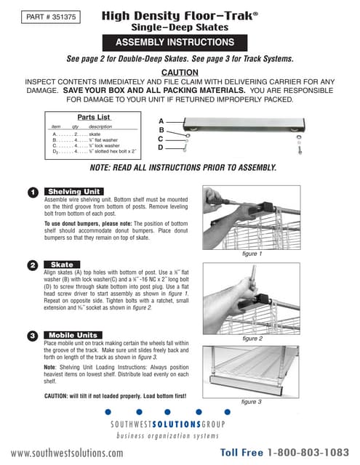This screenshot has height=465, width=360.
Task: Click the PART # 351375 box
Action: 47,15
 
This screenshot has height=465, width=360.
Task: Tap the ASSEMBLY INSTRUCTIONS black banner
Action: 180,42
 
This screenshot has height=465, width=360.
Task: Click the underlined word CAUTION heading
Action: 180,73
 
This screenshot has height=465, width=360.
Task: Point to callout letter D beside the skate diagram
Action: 161,147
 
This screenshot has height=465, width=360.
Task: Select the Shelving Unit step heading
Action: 73,191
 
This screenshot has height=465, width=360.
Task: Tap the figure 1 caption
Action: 251,254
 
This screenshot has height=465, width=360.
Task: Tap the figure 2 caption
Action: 251,339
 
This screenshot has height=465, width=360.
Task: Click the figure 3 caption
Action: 251,401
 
